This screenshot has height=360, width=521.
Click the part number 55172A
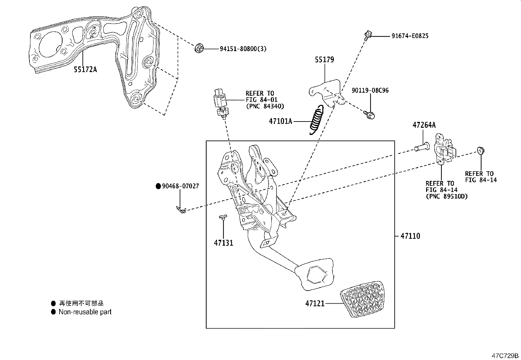(x=85, y=69)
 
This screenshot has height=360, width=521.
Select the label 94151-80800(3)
(x=243, y=49)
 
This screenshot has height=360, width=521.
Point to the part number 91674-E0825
(x=410, y=36)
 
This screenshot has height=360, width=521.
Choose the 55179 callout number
(x=324, y=60)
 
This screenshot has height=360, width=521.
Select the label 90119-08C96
(x=370, y=90)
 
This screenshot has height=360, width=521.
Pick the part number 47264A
(x=424, y=125)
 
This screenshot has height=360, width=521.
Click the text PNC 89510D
(x=446, y=196)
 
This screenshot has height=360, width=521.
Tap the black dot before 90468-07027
(x=158, y=186)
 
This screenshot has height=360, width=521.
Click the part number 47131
(x=224, y=243)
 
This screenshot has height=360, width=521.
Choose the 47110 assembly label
(x=410, y=236)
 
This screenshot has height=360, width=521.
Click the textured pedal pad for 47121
(x=362, y=299)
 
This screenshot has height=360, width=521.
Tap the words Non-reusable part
(x=85, y=312)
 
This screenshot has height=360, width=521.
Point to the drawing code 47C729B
(x=506, y=355)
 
